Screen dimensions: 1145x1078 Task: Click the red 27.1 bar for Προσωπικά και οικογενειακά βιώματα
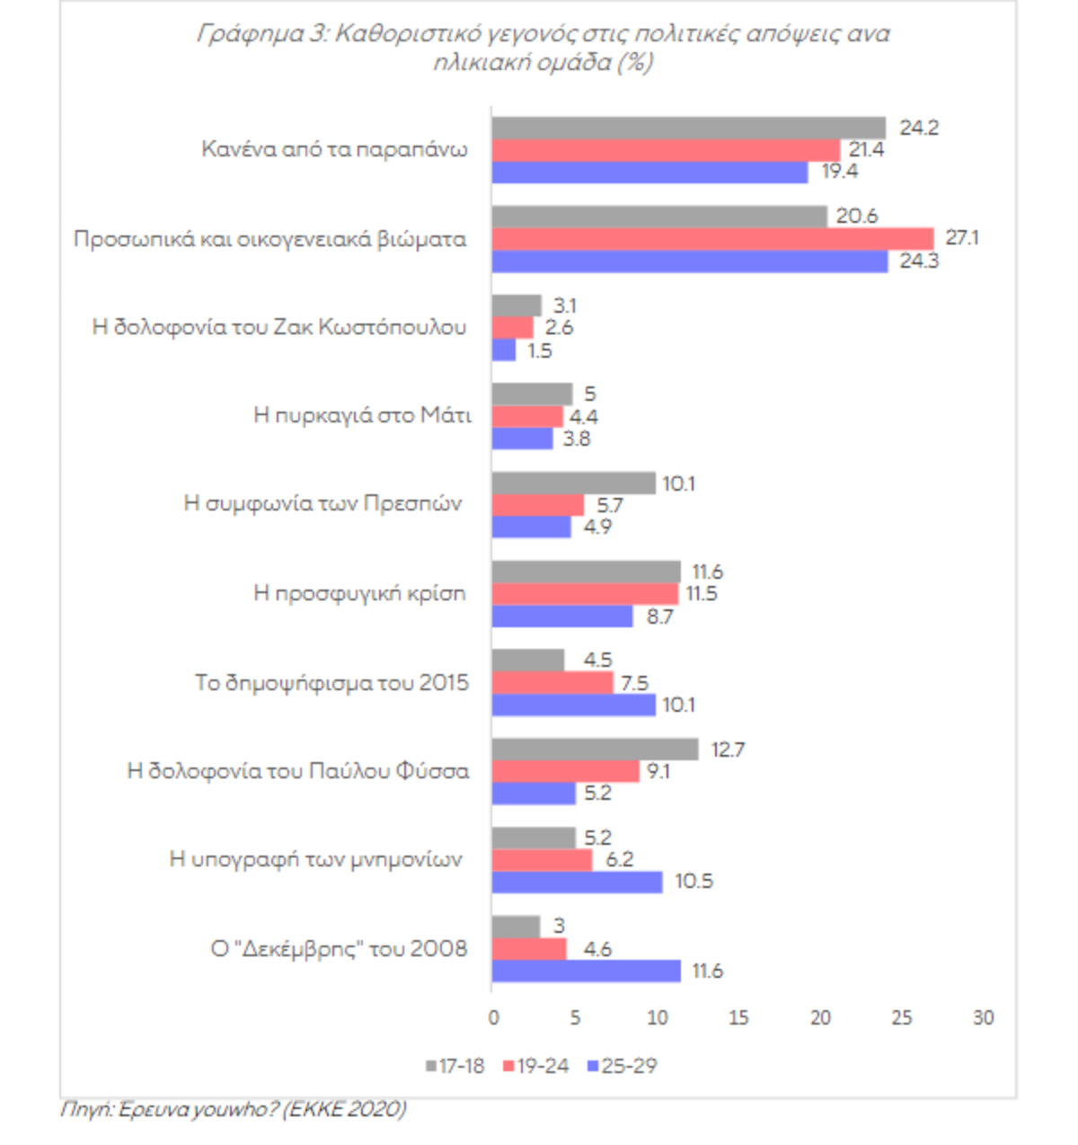712,239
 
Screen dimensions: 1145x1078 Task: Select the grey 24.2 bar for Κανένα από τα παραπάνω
688,128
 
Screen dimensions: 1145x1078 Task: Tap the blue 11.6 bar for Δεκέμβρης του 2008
586,972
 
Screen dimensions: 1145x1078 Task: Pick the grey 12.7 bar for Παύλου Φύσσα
595,750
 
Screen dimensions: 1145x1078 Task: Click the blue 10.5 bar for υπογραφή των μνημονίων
577,882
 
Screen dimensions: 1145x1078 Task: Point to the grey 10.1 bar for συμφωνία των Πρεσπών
573,484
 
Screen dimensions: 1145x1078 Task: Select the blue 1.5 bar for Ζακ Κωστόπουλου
504,351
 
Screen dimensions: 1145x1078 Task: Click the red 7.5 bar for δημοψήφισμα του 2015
552,683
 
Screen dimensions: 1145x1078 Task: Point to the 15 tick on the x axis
738,1018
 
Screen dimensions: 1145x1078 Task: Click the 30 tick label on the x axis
984,1018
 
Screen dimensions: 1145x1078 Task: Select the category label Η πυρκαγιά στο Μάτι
362,415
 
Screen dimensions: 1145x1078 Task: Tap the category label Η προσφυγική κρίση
359,593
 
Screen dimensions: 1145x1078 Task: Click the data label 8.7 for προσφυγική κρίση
659,617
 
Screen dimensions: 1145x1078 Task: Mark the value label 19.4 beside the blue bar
840,172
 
